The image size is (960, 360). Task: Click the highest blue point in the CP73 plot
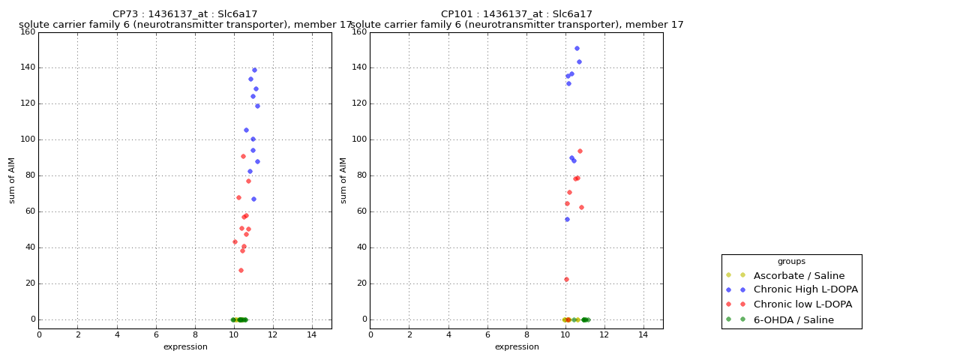pyautogui.click(x=254, y=70)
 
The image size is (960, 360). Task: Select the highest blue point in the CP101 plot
pyautogui.click(x=577, y=48)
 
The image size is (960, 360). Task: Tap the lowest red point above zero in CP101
pyautogui.click(x=566, y=279)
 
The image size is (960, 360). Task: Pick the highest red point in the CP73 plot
pyautogui.click(x=243, y=156)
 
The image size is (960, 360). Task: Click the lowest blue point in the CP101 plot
pyautogui.click(x=567, y=219)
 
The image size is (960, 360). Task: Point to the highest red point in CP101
pyautogui.click(x=580, y=151)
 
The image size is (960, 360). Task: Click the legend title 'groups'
pyautogui.click(x=791, y=261)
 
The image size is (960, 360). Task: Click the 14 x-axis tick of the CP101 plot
pyautogui.click(x=643, y=334)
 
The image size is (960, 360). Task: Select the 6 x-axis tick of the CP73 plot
pyautogui.click(x=156, y=334)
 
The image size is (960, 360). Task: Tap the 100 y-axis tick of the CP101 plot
pyautogui.click(x=358, y=139)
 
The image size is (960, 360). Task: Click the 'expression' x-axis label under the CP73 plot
pyautogui.click(x=185, y=346)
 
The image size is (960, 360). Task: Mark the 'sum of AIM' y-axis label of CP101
pyautogui.click(x=343, y=180)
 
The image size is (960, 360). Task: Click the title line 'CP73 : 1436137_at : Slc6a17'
pyautogui.click(x=185, y=14)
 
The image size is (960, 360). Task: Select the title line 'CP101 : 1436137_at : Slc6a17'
pyautogui.click(x=517, y=14)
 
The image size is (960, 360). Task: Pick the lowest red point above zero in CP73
pyautogui.click(x=241, y=270)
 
